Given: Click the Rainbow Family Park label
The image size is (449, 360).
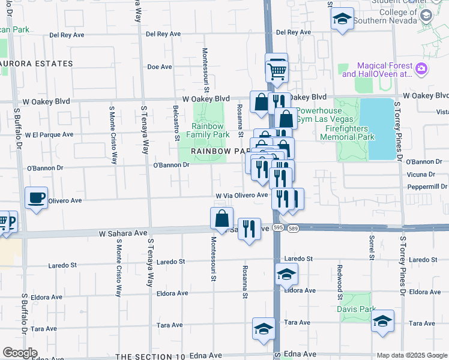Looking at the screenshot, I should (x=208, y=131).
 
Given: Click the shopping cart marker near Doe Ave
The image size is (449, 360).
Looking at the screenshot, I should (x=277, y=71).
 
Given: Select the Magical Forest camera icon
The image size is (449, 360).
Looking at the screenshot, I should (x=422, y=70).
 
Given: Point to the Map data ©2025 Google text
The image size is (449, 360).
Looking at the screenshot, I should (x=412, y=355).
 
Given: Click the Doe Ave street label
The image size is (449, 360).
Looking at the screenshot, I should (x=160, y=67).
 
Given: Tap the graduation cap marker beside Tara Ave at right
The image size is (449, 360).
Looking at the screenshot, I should (x=382, y=320).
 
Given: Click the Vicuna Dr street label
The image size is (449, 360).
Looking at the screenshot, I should (x=421, y=175).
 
